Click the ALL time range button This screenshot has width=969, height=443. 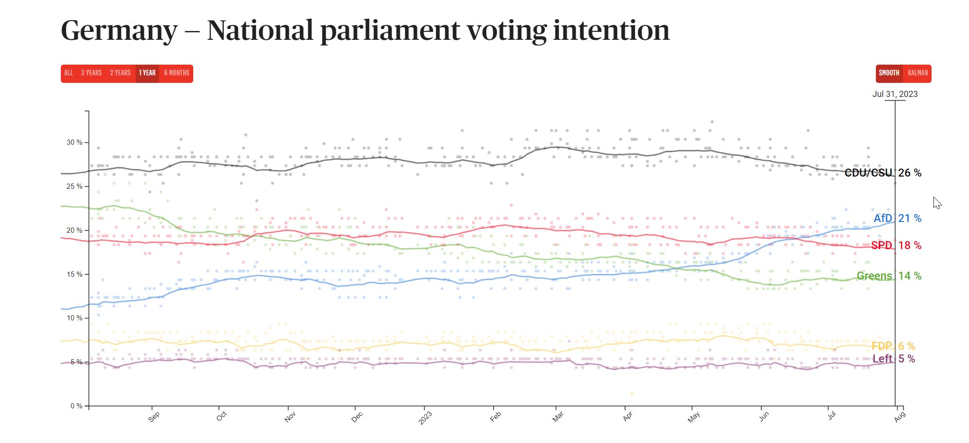[x=68, y=73]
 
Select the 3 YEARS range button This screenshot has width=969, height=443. [x=91, y=73]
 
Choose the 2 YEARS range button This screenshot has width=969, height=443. [x=120, y=73]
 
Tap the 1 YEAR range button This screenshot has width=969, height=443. [x=147, y=73]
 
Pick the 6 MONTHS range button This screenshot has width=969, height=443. [x=176, y=73]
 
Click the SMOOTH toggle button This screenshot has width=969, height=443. [x=889, y=73]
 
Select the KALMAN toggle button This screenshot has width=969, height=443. [x=918, y=73]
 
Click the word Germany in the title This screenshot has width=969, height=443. [x=119, y=30]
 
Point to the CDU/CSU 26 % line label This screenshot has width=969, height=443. [x=882, y=173]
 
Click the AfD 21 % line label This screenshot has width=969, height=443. [x=897, y=218]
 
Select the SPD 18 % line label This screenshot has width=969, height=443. [x=896, y=245]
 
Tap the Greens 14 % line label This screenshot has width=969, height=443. [x=889, y=276]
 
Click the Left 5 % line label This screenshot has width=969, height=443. [x=893, y=359]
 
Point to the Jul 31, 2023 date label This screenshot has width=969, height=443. [x=895, y=94]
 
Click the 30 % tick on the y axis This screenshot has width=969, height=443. [x=74, y=142]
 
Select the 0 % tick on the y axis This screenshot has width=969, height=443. [x=76, y=406]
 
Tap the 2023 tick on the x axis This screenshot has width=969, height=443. [x=425, y=417]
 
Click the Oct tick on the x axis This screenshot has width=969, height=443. [x=221, y=416]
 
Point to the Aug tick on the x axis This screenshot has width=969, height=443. [x=899, y=416]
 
